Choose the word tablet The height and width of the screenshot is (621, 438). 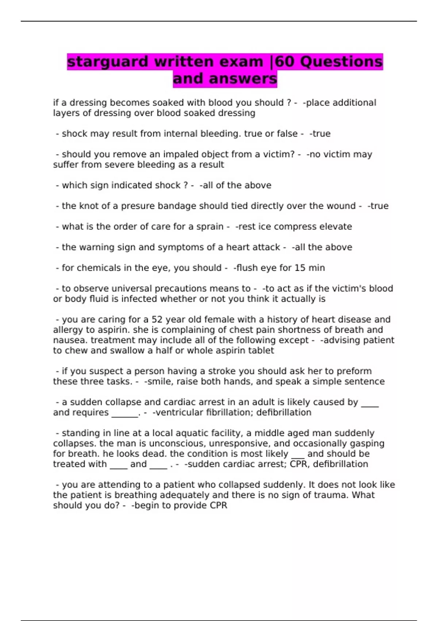(x=261, y=351)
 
